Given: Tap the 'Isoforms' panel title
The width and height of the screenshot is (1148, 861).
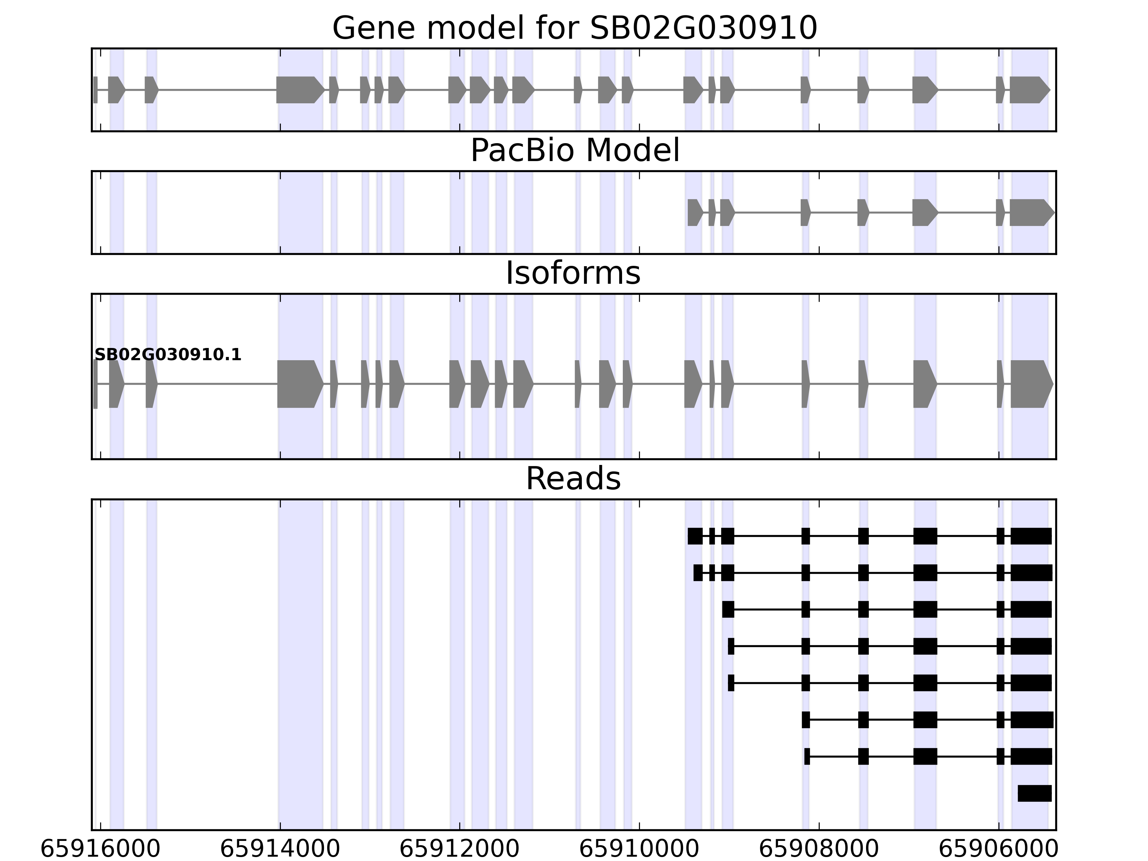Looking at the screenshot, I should tap(573, 273).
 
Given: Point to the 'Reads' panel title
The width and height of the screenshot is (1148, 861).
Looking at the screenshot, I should tap(573, 479).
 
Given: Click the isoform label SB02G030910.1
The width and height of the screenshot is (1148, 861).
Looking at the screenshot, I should tap(168, 355).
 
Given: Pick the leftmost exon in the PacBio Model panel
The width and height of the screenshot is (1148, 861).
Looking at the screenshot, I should tap(695, 212).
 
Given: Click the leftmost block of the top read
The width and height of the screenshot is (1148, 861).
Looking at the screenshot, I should tap(695, 536).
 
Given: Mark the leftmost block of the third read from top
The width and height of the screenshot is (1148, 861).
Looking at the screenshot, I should tap(728, 609).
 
